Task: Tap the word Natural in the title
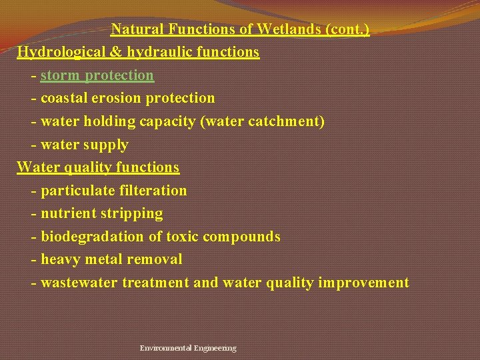pos(135,29)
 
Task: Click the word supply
pos(105,144)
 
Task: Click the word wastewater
pos(79,283)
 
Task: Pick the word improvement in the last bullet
pos(364,283)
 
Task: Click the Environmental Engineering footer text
pos(188,348)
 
